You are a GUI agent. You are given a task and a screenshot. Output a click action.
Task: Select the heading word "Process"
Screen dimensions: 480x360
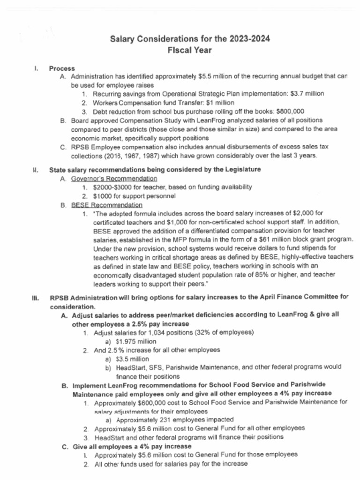click(62, 68)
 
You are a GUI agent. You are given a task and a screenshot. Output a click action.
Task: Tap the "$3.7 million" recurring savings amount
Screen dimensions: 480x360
click(307, 94)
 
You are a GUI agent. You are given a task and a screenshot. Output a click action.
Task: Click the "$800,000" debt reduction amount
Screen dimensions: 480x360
click(290, 112)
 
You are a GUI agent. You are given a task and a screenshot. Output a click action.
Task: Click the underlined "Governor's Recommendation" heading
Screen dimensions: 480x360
click(114, 179)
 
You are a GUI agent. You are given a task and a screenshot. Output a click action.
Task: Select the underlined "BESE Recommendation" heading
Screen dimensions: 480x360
click(107, 205)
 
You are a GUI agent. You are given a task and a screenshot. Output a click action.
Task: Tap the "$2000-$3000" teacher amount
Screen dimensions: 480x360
click(112, 187)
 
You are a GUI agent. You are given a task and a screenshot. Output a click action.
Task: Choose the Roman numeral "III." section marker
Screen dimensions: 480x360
click(35, 297)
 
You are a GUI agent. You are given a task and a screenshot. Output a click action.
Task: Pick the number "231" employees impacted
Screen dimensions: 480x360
click(161, 420)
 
